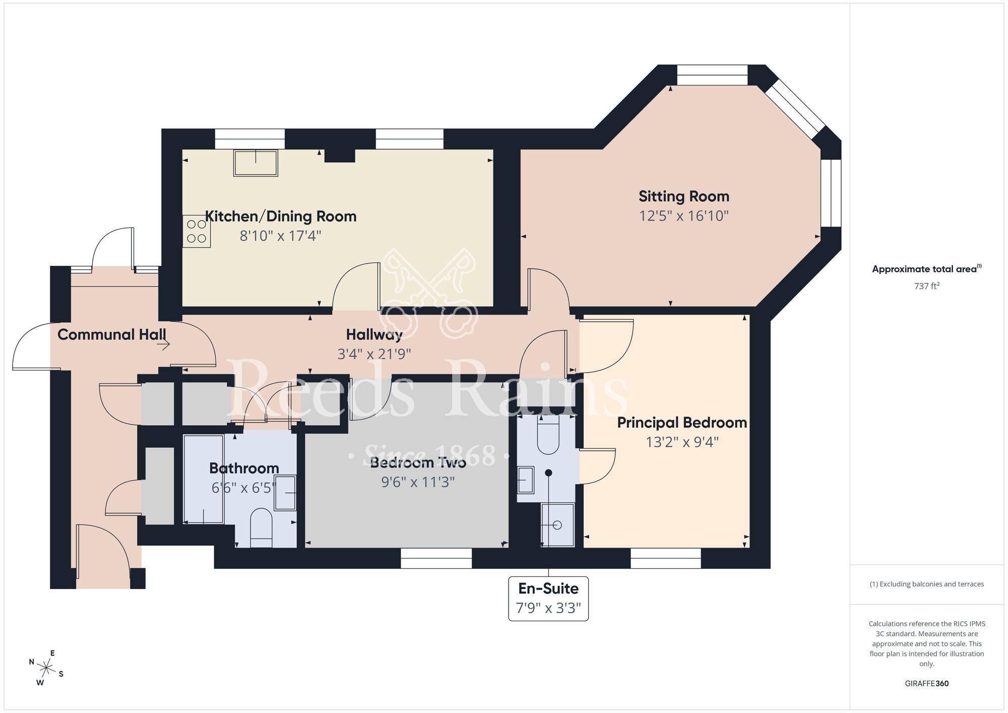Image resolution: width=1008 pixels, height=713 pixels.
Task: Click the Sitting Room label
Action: click(x=683, y=197)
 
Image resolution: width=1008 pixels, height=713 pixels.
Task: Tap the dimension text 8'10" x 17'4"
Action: click(x=280, y=236)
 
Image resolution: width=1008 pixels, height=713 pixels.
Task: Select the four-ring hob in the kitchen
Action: click(x=197, y=231)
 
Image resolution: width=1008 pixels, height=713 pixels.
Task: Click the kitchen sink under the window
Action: click(x=256, y=163)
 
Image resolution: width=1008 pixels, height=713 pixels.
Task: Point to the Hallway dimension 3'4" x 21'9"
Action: click(x=374, y=354)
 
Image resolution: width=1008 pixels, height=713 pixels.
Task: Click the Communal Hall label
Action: click(x=111, y=335)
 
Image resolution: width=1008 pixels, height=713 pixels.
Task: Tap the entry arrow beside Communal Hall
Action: click(x=163, y=345)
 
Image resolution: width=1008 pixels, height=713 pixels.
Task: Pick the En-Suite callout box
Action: click(x=548, y=599)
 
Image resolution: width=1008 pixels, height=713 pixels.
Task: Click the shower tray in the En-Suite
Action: click(x=557, y=525)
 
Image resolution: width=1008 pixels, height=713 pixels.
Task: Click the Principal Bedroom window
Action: click(x=666, y=558)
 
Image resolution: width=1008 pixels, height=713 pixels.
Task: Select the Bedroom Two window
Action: click(x=436, y=558)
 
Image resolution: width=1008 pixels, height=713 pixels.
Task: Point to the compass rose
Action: click(x=46, y=669)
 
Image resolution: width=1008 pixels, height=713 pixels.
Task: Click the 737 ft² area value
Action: click(x=926, y=286)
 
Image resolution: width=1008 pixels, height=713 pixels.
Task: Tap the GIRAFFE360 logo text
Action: click(x=926, y=684)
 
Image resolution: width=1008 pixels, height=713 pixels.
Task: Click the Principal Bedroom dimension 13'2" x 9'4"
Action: click(x=682, y=442)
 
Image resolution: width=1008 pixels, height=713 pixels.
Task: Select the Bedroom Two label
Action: click(x=418, y=463)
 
